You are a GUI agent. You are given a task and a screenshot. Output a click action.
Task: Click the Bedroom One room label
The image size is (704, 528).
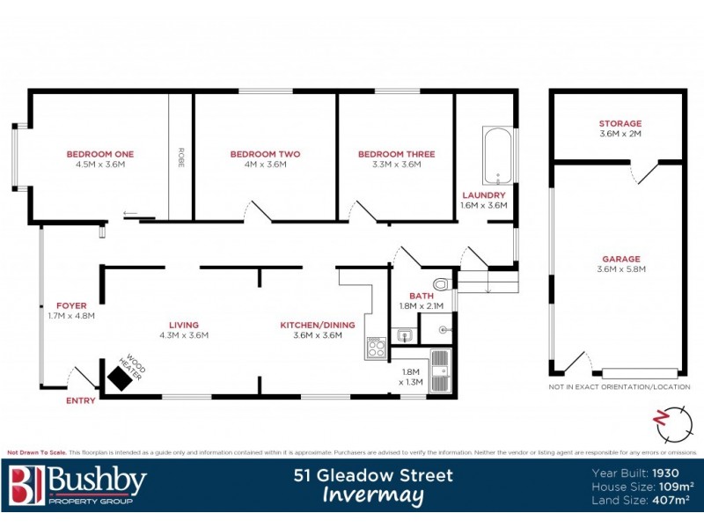100,154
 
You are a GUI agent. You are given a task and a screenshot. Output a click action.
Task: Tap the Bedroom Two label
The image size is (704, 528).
265,154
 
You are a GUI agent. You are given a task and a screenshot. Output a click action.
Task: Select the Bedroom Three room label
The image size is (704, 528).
396,154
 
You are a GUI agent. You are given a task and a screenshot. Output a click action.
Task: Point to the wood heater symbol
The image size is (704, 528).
117,377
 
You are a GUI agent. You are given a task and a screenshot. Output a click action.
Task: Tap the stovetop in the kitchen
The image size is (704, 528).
376,348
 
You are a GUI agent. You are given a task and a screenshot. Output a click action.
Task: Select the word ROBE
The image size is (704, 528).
181,157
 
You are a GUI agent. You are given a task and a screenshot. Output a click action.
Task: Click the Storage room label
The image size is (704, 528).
620,123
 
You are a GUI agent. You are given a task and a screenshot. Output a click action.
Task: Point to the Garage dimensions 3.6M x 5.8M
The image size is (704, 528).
620,269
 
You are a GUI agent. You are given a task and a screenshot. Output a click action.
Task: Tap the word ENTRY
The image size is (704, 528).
81,400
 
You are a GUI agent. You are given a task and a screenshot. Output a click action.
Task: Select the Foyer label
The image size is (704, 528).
71,305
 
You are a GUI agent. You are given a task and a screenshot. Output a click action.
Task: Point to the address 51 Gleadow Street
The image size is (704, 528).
373,476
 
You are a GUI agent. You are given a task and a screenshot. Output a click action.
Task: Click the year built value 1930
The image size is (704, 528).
672,472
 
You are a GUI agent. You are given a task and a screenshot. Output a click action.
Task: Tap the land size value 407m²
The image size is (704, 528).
671,500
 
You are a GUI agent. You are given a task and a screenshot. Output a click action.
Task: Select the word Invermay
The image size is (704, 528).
373,496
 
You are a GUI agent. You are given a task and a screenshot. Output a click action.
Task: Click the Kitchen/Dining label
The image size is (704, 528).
317,325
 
